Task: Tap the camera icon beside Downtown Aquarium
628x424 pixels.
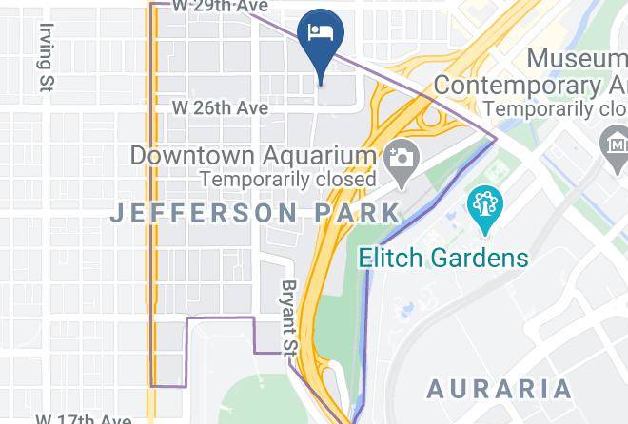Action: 400,156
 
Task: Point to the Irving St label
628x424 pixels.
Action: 44,58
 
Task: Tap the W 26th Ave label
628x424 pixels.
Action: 220,107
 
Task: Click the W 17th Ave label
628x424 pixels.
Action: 84,417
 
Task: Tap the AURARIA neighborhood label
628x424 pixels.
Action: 499,389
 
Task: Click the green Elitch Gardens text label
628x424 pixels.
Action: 442,257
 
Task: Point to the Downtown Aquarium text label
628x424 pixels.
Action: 252,154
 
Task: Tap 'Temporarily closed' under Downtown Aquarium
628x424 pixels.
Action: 287,178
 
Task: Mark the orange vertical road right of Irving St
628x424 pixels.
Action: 151,190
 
